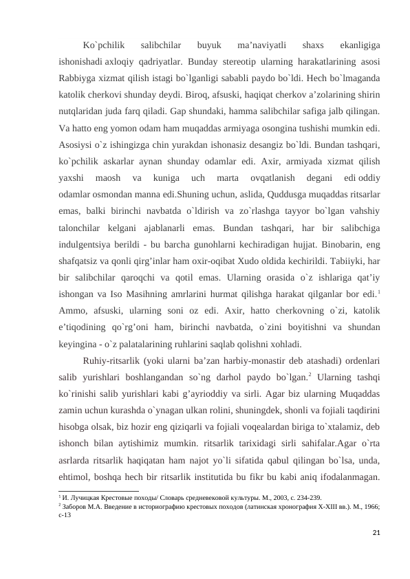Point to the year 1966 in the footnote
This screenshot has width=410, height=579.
375,504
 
